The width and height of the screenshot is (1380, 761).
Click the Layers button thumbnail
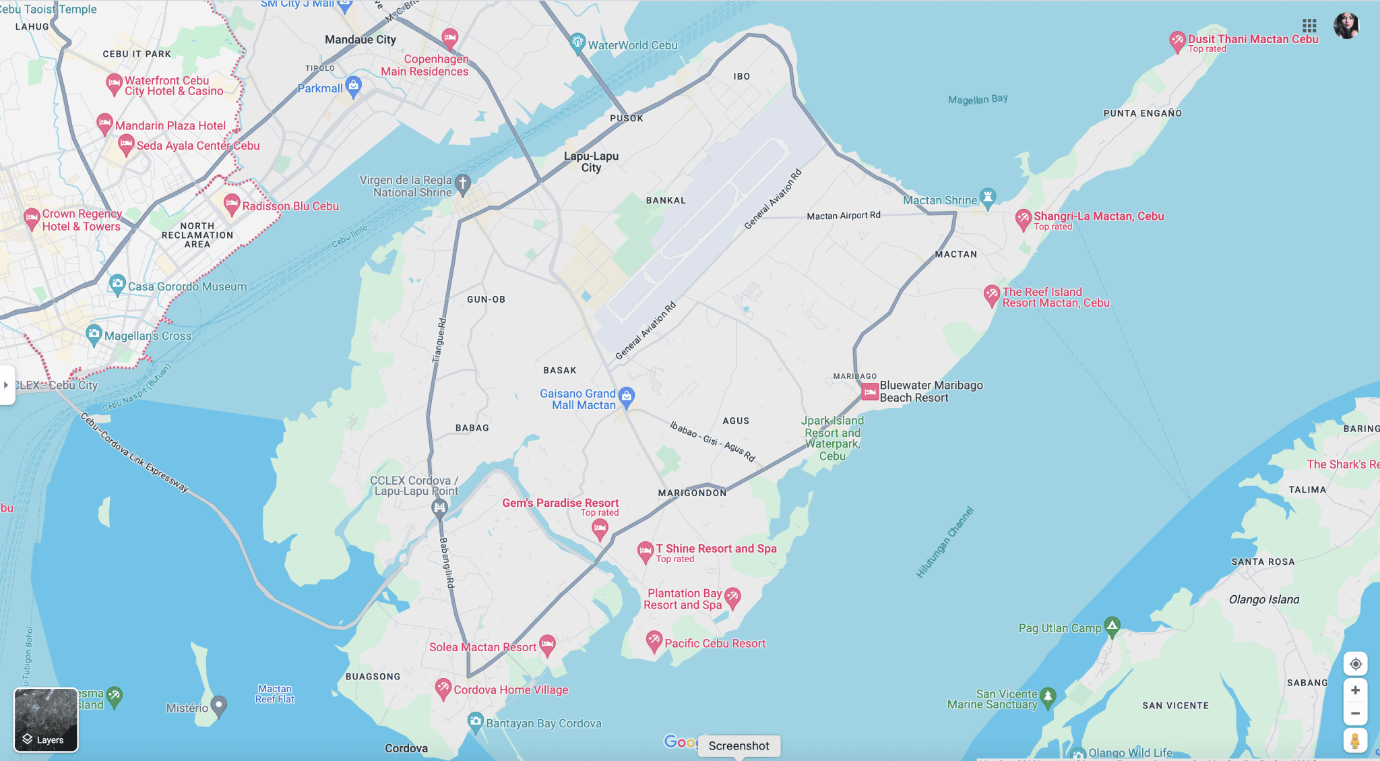point(46,719)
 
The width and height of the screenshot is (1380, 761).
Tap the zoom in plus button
point(1355,690)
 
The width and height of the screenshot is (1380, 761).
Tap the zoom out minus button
point(1355,713)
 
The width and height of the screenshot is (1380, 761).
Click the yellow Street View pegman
point(1355,741)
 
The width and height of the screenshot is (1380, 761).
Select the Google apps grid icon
point(1309,26)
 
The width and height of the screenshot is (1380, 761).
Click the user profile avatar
point(1346,26)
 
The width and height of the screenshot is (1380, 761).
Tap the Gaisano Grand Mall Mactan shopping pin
point(627,396)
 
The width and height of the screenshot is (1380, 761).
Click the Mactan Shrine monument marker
point(988,197)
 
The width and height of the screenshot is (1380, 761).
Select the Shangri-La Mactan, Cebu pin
point(1024,218)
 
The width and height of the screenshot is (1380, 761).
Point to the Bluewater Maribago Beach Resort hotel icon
point(870,391)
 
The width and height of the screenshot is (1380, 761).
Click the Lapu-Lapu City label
point(591,162)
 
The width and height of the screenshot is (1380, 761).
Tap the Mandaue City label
point(360,40)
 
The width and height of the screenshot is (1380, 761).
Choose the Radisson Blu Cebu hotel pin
point(232,204)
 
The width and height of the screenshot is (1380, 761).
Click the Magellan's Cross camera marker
point(94,334)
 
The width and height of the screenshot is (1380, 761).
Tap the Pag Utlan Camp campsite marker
point(1112,626)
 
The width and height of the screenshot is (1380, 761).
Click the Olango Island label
point(1264,599)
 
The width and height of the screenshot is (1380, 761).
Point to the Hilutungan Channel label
point(945,543)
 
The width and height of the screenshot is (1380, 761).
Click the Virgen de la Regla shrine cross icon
point(463,183)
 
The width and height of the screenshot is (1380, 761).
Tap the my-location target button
point(1355,664)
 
